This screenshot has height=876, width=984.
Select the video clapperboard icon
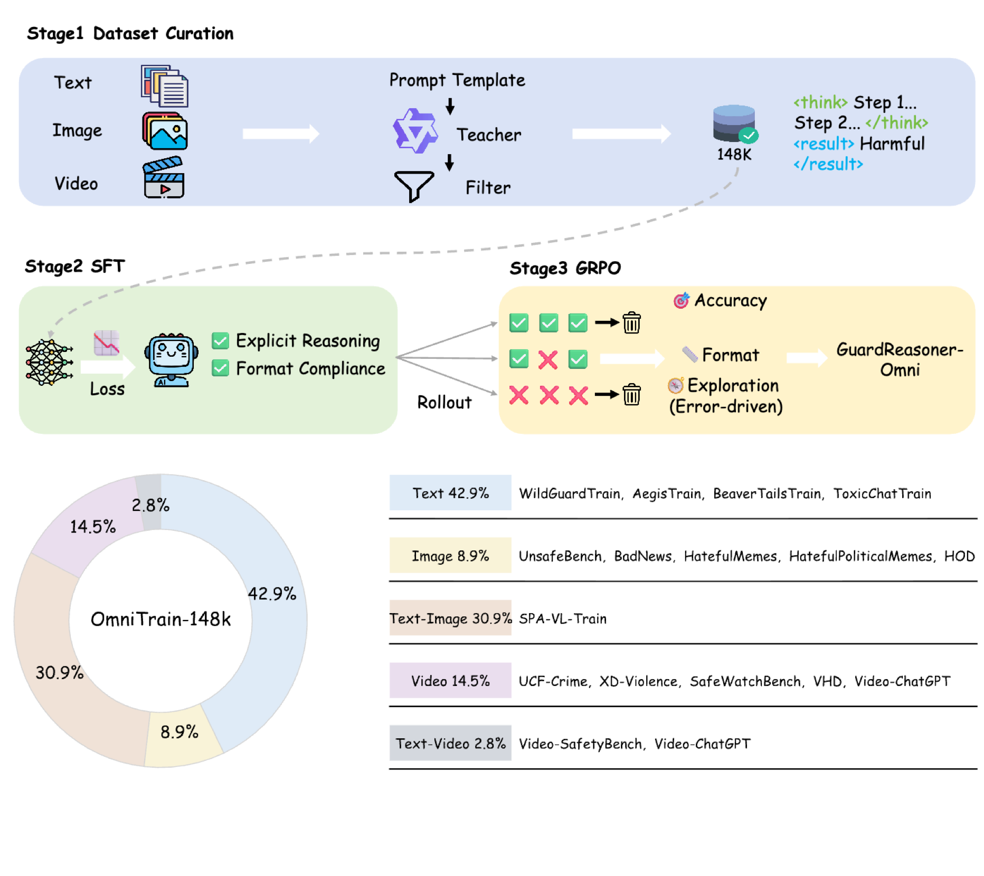164,178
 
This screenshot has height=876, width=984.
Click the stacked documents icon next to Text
165,86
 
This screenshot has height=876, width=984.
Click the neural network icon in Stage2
49,362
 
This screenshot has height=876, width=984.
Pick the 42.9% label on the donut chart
272,594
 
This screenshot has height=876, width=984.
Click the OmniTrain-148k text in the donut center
160,619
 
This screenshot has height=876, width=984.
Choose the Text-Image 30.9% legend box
450,618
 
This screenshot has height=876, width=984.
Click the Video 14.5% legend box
450,681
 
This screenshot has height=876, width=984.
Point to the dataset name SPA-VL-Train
563,618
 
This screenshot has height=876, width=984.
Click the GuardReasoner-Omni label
900,359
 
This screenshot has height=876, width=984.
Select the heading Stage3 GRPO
565,269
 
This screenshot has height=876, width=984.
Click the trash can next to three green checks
631,322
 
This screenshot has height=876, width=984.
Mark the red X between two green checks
548,360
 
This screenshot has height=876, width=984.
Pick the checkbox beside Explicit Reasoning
220,341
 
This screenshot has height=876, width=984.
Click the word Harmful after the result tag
892,144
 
